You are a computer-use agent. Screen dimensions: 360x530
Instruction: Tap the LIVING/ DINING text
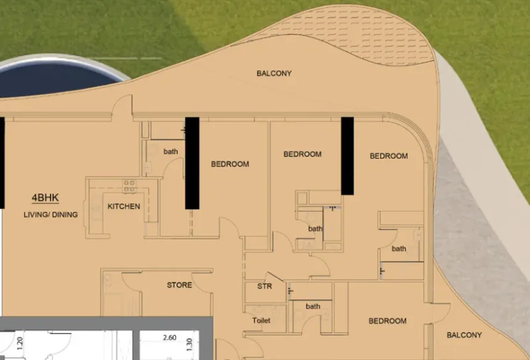click(50, 214)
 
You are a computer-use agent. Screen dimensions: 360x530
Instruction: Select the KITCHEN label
click(124, 206)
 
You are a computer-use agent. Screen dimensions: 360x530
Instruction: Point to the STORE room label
click(179, 285)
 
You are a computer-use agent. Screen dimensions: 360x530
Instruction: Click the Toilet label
click(261, 321)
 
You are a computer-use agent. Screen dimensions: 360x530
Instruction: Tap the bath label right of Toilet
click(313, 306)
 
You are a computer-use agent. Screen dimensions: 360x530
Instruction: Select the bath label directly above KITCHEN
click(171, 151)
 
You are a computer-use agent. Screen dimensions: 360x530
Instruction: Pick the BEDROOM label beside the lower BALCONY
click(388, 321)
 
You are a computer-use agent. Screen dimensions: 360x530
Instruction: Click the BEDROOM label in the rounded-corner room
click(388, 156)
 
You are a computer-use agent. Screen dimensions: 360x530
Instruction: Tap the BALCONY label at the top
click(274, 73)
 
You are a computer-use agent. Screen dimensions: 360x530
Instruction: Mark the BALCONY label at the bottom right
click(464, 335)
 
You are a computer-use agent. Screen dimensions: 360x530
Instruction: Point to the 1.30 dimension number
click(189, 343)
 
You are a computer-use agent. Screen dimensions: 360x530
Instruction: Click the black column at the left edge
click(2, 162)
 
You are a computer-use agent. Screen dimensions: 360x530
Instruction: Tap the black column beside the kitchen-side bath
click(192, 162)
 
